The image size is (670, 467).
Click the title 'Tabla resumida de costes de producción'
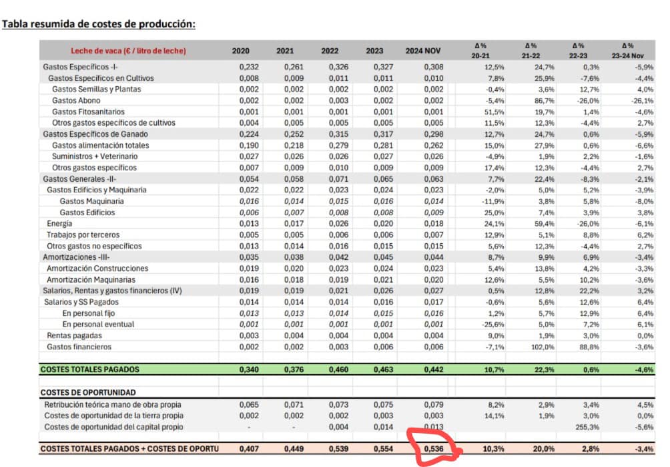coord(99,25)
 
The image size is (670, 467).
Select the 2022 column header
coord(330,51)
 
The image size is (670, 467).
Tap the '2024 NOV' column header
coord(424,51)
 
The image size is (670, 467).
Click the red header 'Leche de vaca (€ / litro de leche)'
coord(129,51)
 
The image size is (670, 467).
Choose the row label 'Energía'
coord(59,223)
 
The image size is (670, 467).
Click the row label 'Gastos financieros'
coord(79,347)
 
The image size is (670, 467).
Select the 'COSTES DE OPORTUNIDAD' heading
coord(88,392)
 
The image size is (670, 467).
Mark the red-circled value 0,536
coord(433,449)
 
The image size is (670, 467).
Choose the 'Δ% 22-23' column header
coord(577,51)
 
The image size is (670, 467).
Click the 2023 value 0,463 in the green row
coord(374,369)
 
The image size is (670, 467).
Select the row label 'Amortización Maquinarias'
coord(91,279)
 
